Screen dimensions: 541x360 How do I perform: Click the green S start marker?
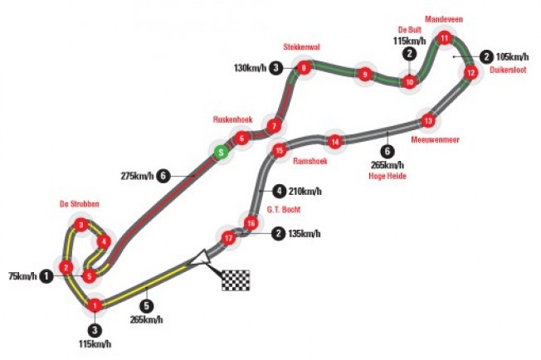point(221,152)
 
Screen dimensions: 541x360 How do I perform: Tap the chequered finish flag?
point(236,280)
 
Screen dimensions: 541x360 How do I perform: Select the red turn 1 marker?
point(95,305)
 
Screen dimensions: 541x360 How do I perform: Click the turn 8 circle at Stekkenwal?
point(304,68)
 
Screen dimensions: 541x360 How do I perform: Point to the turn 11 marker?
point(445,38)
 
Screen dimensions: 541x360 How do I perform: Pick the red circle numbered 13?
point(428,120)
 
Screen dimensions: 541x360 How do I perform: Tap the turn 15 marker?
point(280,150)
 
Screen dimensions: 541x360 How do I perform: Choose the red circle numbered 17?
point(228,238)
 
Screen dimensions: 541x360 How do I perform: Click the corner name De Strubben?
point(80,204)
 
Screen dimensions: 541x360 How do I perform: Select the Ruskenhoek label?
point(232,119)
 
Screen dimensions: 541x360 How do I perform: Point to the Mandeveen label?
point(444,19)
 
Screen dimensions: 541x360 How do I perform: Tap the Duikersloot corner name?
point(508,70)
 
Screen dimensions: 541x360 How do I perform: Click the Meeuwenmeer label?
point(435,139)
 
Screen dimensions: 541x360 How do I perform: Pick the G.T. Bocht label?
point(284,209)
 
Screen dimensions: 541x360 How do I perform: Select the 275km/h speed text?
point(137,176)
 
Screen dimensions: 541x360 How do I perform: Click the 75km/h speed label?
point(22,276)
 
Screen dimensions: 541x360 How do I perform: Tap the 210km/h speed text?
point(305,191)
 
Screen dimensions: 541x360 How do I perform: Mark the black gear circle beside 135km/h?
point(278,233)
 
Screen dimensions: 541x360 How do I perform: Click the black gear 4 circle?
point(279,191)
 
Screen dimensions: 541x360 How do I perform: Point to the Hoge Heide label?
point(387,176)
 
